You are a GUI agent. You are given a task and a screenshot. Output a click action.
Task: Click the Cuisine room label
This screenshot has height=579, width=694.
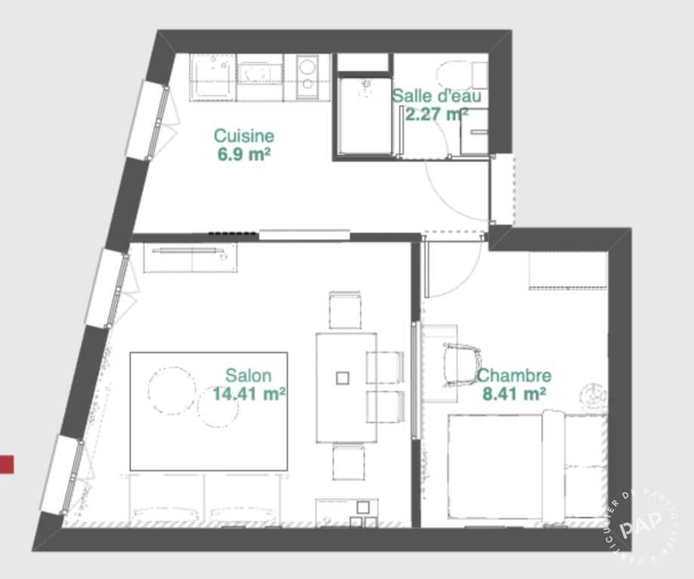[244, 136]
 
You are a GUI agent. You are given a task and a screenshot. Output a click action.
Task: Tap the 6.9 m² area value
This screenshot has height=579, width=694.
[244, 155]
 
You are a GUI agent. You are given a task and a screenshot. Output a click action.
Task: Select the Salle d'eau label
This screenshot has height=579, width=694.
[436, 96]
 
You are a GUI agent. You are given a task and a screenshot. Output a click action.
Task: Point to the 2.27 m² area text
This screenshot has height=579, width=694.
[436, 114]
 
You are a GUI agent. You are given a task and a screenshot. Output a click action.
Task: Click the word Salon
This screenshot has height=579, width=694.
[248, 375]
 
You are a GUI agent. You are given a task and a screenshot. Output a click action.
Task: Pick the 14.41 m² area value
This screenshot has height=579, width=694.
[248, 393]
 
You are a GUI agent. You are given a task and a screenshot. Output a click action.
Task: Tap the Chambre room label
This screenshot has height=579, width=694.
[514, 375]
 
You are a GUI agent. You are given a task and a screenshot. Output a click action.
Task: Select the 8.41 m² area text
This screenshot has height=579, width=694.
[514, 393]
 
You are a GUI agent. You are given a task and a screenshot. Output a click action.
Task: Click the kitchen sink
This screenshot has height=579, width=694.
[213, 77]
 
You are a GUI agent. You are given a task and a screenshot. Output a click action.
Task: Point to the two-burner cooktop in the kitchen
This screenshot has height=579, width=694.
[307, 77]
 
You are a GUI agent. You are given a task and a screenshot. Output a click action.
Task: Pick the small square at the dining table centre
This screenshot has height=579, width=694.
[343, 378]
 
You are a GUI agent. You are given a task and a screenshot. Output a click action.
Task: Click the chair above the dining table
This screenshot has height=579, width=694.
[345, 310]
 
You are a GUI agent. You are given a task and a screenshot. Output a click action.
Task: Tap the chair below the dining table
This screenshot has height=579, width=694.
[349, 463]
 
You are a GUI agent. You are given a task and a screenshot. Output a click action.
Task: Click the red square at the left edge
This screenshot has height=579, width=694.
[6, 464]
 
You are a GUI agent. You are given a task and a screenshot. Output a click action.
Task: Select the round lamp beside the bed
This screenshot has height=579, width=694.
[592, 394]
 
